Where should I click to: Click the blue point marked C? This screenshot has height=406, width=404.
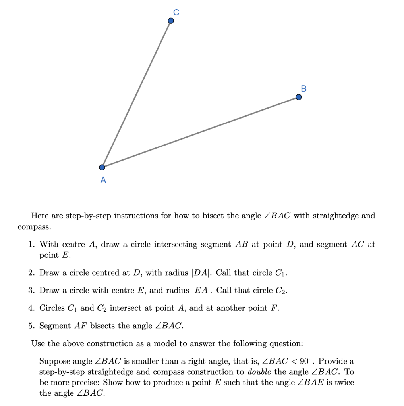[x=171, y=21]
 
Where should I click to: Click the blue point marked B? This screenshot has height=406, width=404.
[x=299, y=97]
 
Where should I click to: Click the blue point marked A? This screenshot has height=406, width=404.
[x=102, y=167]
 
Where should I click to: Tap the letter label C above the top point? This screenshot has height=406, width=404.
[x=176, y=13]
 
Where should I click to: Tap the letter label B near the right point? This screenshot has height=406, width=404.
[x=304, y=88]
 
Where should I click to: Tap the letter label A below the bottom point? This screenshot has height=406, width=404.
[x=103, y=180]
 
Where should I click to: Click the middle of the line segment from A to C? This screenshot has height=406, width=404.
[x=136, y=94]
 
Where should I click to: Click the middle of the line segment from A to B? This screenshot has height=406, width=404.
[x=200, y=132]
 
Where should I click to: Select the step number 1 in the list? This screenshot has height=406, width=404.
[x=31, y=245]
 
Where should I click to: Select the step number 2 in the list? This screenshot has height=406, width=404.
[x=31, y=273]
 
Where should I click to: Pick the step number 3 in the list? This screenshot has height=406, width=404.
[x=31, y=291]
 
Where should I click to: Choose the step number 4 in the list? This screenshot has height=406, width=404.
[x=31, y=308]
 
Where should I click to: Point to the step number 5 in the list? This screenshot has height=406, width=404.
[x=31, y=326]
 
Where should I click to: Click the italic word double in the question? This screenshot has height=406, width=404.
[x=259, y=372]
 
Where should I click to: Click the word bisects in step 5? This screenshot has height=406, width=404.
[x=103, y=326]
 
